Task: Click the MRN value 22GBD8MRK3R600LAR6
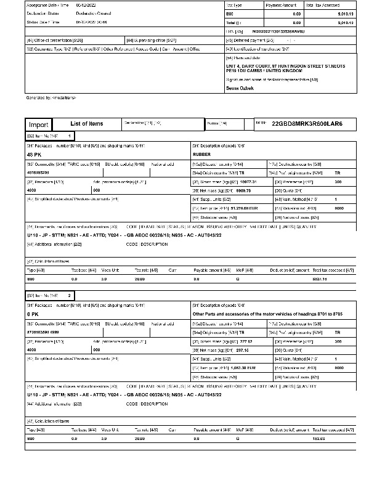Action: (x=307, y=124)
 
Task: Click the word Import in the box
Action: (x=39, y=124)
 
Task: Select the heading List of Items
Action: (x=87, y=124)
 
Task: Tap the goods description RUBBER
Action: (x=201, y=155)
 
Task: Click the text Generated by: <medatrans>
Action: (x=51, y=97)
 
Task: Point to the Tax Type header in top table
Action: (x=235, y=4)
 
